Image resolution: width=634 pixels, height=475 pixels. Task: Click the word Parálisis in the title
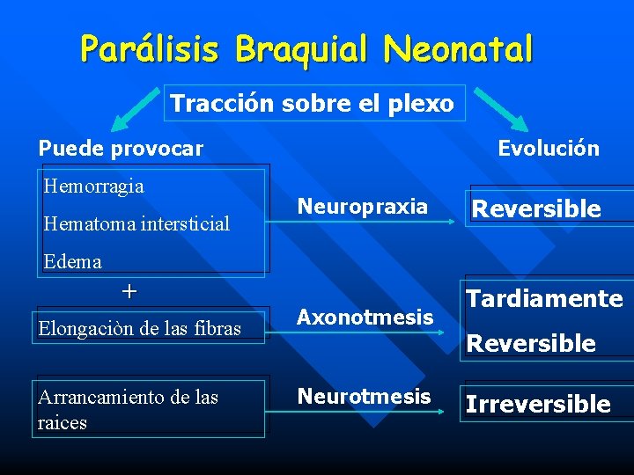(150, 49)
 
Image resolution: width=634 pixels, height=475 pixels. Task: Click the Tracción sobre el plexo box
(313, 104)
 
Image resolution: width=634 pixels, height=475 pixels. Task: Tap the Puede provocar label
(121, 149)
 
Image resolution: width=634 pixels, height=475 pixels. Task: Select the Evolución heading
(548, 149)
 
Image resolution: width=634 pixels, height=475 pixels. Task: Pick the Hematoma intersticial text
(136, 223)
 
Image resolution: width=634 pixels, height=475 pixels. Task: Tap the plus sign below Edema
(129, 291)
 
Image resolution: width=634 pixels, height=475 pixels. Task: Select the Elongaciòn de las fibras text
(139, 328)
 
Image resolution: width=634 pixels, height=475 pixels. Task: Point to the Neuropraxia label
(362, 207)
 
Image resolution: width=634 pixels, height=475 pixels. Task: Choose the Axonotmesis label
(365, 317)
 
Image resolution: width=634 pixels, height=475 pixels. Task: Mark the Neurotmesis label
(364, 397)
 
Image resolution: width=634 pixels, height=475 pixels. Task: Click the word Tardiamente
(543, 299)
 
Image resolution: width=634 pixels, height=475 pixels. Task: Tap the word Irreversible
(537, 405)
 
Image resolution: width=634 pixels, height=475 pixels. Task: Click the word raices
(62, 423)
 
